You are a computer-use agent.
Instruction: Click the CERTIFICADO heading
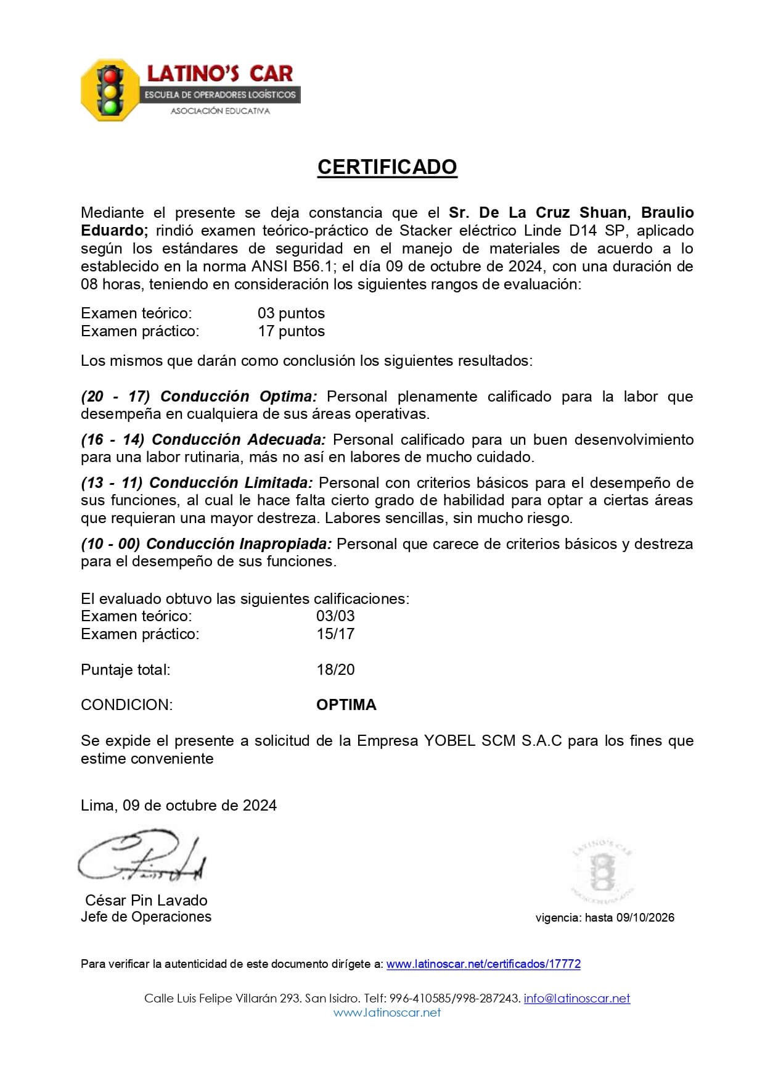click(x=387, y=167)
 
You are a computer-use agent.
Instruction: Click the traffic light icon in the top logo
click(x=110, y=90)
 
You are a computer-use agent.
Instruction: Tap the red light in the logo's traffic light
click(x=110, y=76)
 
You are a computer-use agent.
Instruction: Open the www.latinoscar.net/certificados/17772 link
click(x=483, y=964)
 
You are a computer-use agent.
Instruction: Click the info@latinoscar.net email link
click(x=577, y=998)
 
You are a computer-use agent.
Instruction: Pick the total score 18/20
click(x=335, y=669)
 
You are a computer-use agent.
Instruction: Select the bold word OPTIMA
click(x=346, y=704)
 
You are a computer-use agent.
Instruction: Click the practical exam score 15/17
click(x=335, y=634)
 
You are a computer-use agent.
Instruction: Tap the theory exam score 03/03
click(x=335, y=616)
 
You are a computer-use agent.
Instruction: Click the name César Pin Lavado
click(x=146, y=900)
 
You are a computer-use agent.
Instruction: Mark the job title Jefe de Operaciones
click(x=146, y=917)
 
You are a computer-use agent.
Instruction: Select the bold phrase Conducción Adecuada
click(x=239, y=439)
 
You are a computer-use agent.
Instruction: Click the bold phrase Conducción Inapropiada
click(x=239, y=543)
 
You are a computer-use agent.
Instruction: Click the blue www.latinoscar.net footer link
click(x=387, y=1012)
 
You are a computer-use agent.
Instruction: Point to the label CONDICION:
click(x=127, y=704)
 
